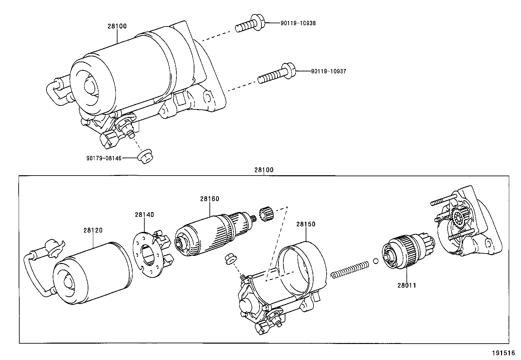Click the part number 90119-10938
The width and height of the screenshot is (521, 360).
tap(298, 23)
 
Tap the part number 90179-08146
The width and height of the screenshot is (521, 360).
tap(104, 158)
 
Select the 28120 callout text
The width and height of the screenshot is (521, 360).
tap(93, 230)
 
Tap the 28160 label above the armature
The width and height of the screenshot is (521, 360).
tap(210, 199)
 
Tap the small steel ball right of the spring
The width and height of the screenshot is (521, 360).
tap(376, 261)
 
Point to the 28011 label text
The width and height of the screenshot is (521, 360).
tap(407, 285)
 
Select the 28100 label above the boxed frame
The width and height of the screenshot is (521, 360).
tap(263, 170)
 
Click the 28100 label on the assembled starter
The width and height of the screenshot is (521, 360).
tap(117, 26)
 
